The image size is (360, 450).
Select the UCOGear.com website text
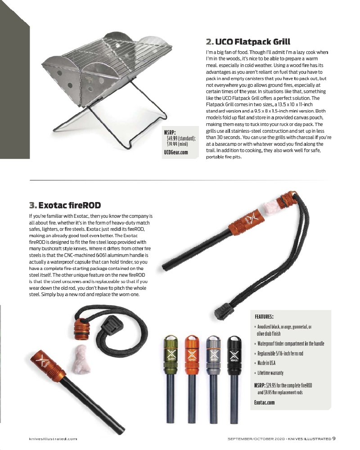coord(175,153)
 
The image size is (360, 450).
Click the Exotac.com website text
coord(264,402)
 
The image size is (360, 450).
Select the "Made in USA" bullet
coord(266,363)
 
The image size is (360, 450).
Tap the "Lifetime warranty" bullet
coord(270,373)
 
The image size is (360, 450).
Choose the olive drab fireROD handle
coord(171,355)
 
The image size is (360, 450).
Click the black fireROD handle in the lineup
coord(233,355)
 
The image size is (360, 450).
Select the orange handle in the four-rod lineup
coord(191,355)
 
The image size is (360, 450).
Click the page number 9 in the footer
coord(334,439)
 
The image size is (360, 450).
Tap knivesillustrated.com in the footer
coord(54,439)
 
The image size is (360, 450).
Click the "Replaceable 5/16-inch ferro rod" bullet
coord(280,353)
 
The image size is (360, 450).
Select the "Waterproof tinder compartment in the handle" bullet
coord(291,344)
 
